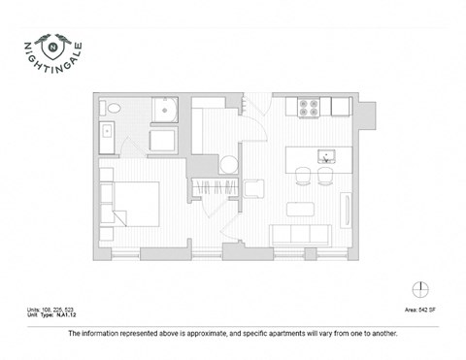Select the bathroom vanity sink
coord(106,135)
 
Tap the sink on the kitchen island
coord(327,155)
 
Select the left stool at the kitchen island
coord(304,175)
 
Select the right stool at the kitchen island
coord(325,175)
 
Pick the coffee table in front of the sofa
coord(302,208)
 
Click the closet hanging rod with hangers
coord(216,188)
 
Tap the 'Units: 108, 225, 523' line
coord(57,310)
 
